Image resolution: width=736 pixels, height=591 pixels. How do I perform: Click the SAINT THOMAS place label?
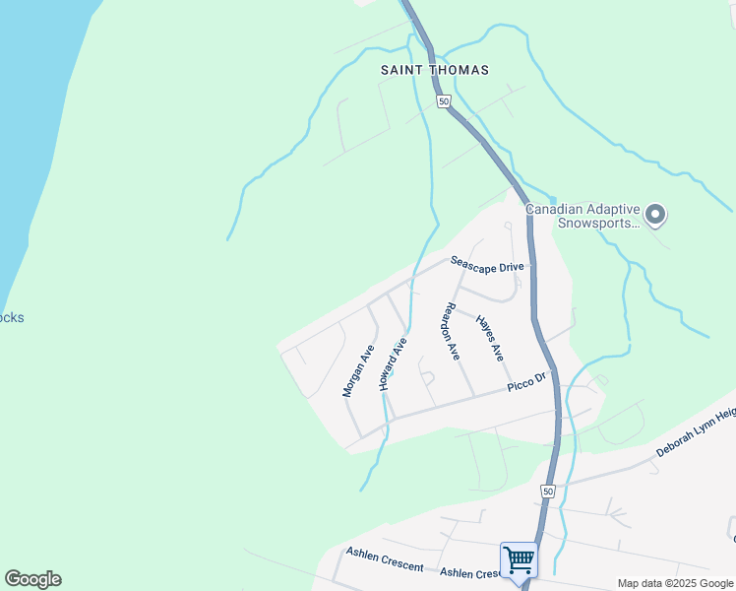[x=435, y=71]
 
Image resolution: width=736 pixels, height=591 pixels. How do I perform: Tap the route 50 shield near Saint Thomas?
[x=444, y=101]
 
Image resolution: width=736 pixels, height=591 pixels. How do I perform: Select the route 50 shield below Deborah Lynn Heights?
[x=547, y=490]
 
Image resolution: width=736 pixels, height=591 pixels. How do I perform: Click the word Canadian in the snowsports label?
[x=558, y=209]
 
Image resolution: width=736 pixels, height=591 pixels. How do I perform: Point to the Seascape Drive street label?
[x=487, y=265]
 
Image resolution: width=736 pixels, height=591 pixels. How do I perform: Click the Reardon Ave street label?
[x=451, y=332]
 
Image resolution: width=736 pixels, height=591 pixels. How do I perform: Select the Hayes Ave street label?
[x=490, y=337]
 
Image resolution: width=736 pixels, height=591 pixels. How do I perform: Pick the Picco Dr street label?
[x=526, y=382]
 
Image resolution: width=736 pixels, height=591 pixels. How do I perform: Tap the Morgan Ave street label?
[x=358, y=371]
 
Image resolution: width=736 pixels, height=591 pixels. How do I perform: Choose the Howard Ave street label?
[x=393, y=365]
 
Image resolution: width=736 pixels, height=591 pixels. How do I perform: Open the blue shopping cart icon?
[x=519, y=560]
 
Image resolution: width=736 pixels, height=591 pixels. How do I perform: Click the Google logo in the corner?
[x=32, y=579]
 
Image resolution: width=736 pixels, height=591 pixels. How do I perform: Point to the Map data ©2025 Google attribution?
[x=675, y=583]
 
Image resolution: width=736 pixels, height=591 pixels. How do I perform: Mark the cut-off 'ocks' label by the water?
[x=12, y=318]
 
